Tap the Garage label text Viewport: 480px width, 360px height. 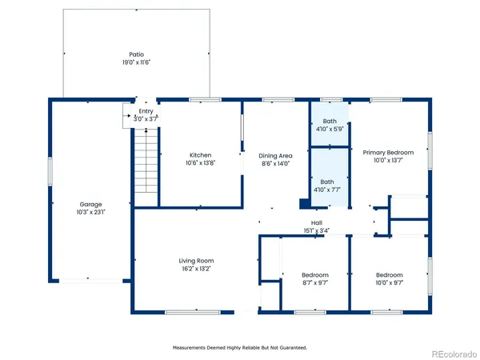click(90, 204)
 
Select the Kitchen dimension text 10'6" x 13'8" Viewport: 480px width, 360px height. click(200, 162)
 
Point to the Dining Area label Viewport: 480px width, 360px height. click(275, 155)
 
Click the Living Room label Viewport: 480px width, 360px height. click(196, 261)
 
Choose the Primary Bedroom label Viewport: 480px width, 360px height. click(388, 153)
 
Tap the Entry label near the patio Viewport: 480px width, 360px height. click(146, 111)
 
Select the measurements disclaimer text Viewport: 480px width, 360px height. click(240, 348)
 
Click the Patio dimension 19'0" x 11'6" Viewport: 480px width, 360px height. click(136, 62)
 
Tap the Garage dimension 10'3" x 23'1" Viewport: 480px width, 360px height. click(90, 212)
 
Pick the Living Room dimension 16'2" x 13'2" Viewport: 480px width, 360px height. click(196, 269)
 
